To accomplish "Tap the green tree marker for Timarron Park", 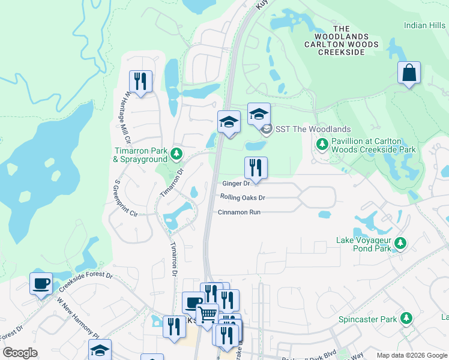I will pyautogui.click(x=176, y=154).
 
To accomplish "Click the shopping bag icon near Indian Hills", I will pyautogui.click(x=409, y=73).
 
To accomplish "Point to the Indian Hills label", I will pyautogui.click(x=424, y=25).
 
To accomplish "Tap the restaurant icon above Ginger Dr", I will pyautogui.click(x=256, y=168).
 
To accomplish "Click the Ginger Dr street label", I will pyautogui.click(x=236, y=184).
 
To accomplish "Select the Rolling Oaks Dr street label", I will pyautogui.click(x=243, y=197).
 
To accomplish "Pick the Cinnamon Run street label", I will pyautogui.click(x=239, y=212).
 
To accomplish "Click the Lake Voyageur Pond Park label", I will pyautogui.click(x=364, y=245).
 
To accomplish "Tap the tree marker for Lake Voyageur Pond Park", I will pyautogui.click(x=400, y=244).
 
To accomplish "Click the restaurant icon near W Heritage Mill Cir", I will pyautogui.click(x=140, y=81).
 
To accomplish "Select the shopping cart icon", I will pyautogui.click(x=207, y=314).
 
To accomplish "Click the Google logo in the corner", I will pyautogui.click(x=20, y=352).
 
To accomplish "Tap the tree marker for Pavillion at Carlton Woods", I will pyautogui.click(x=322, y=144).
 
